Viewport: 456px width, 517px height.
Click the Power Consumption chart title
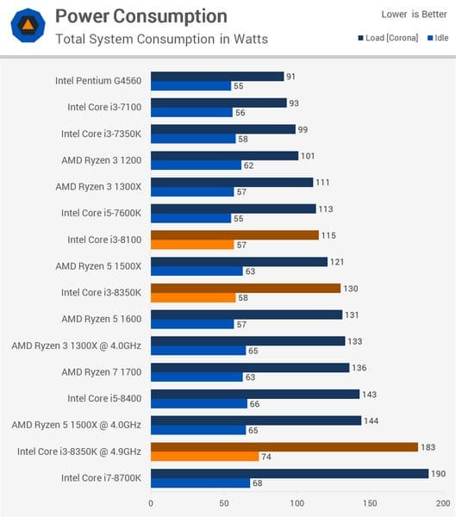coord(141,16)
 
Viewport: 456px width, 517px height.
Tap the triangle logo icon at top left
coord(28,27)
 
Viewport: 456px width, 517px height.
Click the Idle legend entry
coord(435,38)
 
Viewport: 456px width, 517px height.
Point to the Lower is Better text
coord(414,14)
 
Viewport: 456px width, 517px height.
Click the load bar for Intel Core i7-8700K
coord(290,473)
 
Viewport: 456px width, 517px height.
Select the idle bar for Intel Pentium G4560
coord(191,86)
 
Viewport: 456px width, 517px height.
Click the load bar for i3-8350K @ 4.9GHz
coord(284,446)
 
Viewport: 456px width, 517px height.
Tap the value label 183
coord(428,446)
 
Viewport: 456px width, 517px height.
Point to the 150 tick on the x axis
coord(370,503)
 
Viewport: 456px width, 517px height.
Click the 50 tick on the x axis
coord(224,503)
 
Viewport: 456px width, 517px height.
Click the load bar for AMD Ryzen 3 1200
coord(224,156)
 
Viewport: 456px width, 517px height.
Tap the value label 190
coord(439,473)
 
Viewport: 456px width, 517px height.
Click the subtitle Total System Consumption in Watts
coord(161,39)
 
